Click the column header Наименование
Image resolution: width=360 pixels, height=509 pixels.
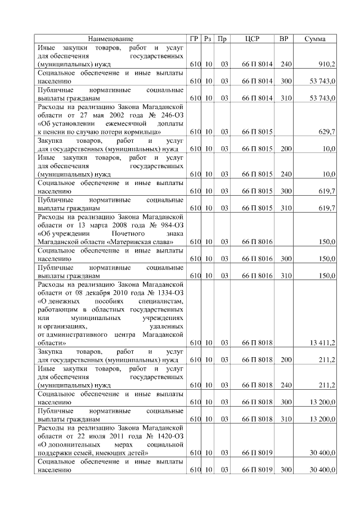(x=111, y=39)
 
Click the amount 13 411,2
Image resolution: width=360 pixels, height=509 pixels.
(x=323, y=343)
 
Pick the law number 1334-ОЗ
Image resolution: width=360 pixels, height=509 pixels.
(x=169, y=292)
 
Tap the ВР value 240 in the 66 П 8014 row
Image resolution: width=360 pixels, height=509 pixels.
(x=286, y=65)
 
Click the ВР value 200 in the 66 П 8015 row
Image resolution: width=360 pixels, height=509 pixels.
(x=286, y=148)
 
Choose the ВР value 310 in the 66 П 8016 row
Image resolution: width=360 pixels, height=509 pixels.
(x=286, y=276)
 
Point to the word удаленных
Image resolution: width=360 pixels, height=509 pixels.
(x=167, y=326)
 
